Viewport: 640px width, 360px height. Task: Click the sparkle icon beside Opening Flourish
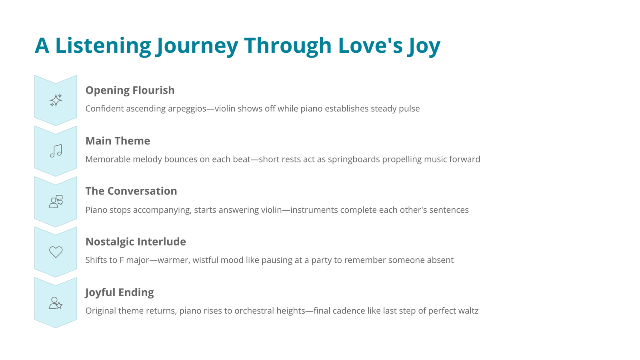tap(56, 100)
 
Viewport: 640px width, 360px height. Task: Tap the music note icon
tap(56, 151)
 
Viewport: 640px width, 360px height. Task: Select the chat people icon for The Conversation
tap(56, 202)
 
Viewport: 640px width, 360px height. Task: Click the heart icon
tap(56, 252)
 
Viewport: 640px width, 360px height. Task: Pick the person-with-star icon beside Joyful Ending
tap(56, 303)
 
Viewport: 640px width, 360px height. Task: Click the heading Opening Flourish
tap(130, 90)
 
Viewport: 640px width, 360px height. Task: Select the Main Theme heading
tap(118, 141)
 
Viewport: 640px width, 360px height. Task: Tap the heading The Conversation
tap(131, 191)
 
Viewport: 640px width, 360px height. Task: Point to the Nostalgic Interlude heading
tap(136, 242)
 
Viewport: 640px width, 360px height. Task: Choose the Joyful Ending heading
tap(120, 292)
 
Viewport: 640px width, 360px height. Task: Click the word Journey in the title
tap(197, 46)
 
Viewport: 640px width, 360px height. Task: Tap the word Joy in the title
tap(424, 46)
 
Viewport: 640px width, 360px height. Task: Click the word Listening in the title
tap(103, 46)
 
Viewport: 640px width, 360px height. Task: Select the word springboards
tap(354, 159)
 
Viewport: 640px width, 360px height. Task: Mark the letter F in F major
tap(122, 260)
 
